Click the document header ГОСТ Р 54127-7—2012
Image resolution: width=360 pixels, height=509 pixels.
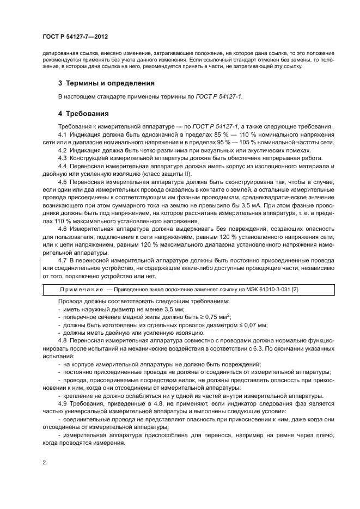point(75,37)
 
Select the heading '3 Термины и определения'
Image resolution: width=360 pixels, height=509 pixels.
point(106,83)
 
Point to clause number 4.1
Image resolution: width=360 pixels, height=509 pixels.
point(62,134)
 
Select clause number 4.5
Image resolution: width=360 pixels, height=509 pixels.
point(62,180)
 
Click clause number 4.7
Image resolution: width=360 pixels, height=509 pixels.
point(62,261)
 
